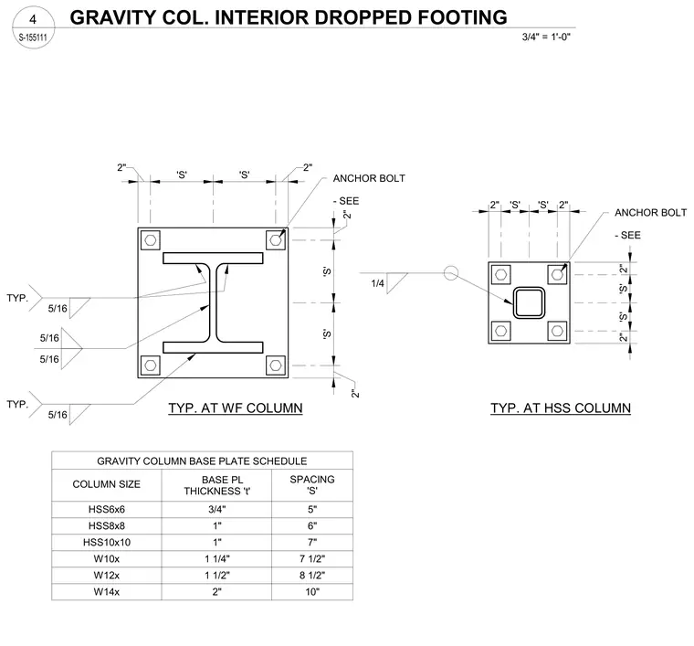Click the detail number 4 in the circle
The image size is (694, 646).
tap(33, 19)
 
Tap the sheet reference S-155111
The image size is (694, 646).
tap(33, 37)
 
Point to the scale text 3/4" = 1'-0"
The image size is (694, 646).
tap(546, 37)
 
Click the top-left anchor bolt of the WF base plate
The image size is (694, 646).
tap(151, 240)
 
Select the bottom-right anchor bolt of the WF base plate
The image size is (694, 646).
tap(276, 365)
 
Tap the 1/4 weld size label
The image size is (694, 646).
tap(377, 283)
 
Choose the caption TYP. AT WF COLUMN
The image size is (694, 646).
tap(236, 408)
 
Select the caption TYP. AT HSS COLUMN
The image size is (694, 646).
tap(561, 408)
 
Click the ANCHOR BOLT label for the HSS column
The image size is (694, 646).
tap(650, 213)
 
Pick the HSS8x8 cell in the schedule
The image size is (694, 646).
tap(107, 526)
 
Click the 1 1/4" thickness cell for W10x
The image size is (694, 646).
tap(217, 559)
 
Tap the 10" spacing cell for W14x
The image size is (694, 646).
tap(312, 591)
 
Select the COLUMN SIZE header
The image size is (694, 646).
tap(106, 484)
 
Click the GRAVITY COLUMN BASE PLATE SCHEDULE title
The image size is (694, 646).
tap(202, 461)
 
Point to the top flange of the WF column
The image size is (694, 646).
tap(213, 259)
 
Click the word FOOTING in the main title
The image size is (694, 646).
tap(462, 17)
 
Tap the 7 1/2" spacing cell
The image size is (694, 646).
tap(312, 559)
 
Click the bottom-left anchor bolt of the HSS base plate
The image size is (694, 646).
tap(501, 331)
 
